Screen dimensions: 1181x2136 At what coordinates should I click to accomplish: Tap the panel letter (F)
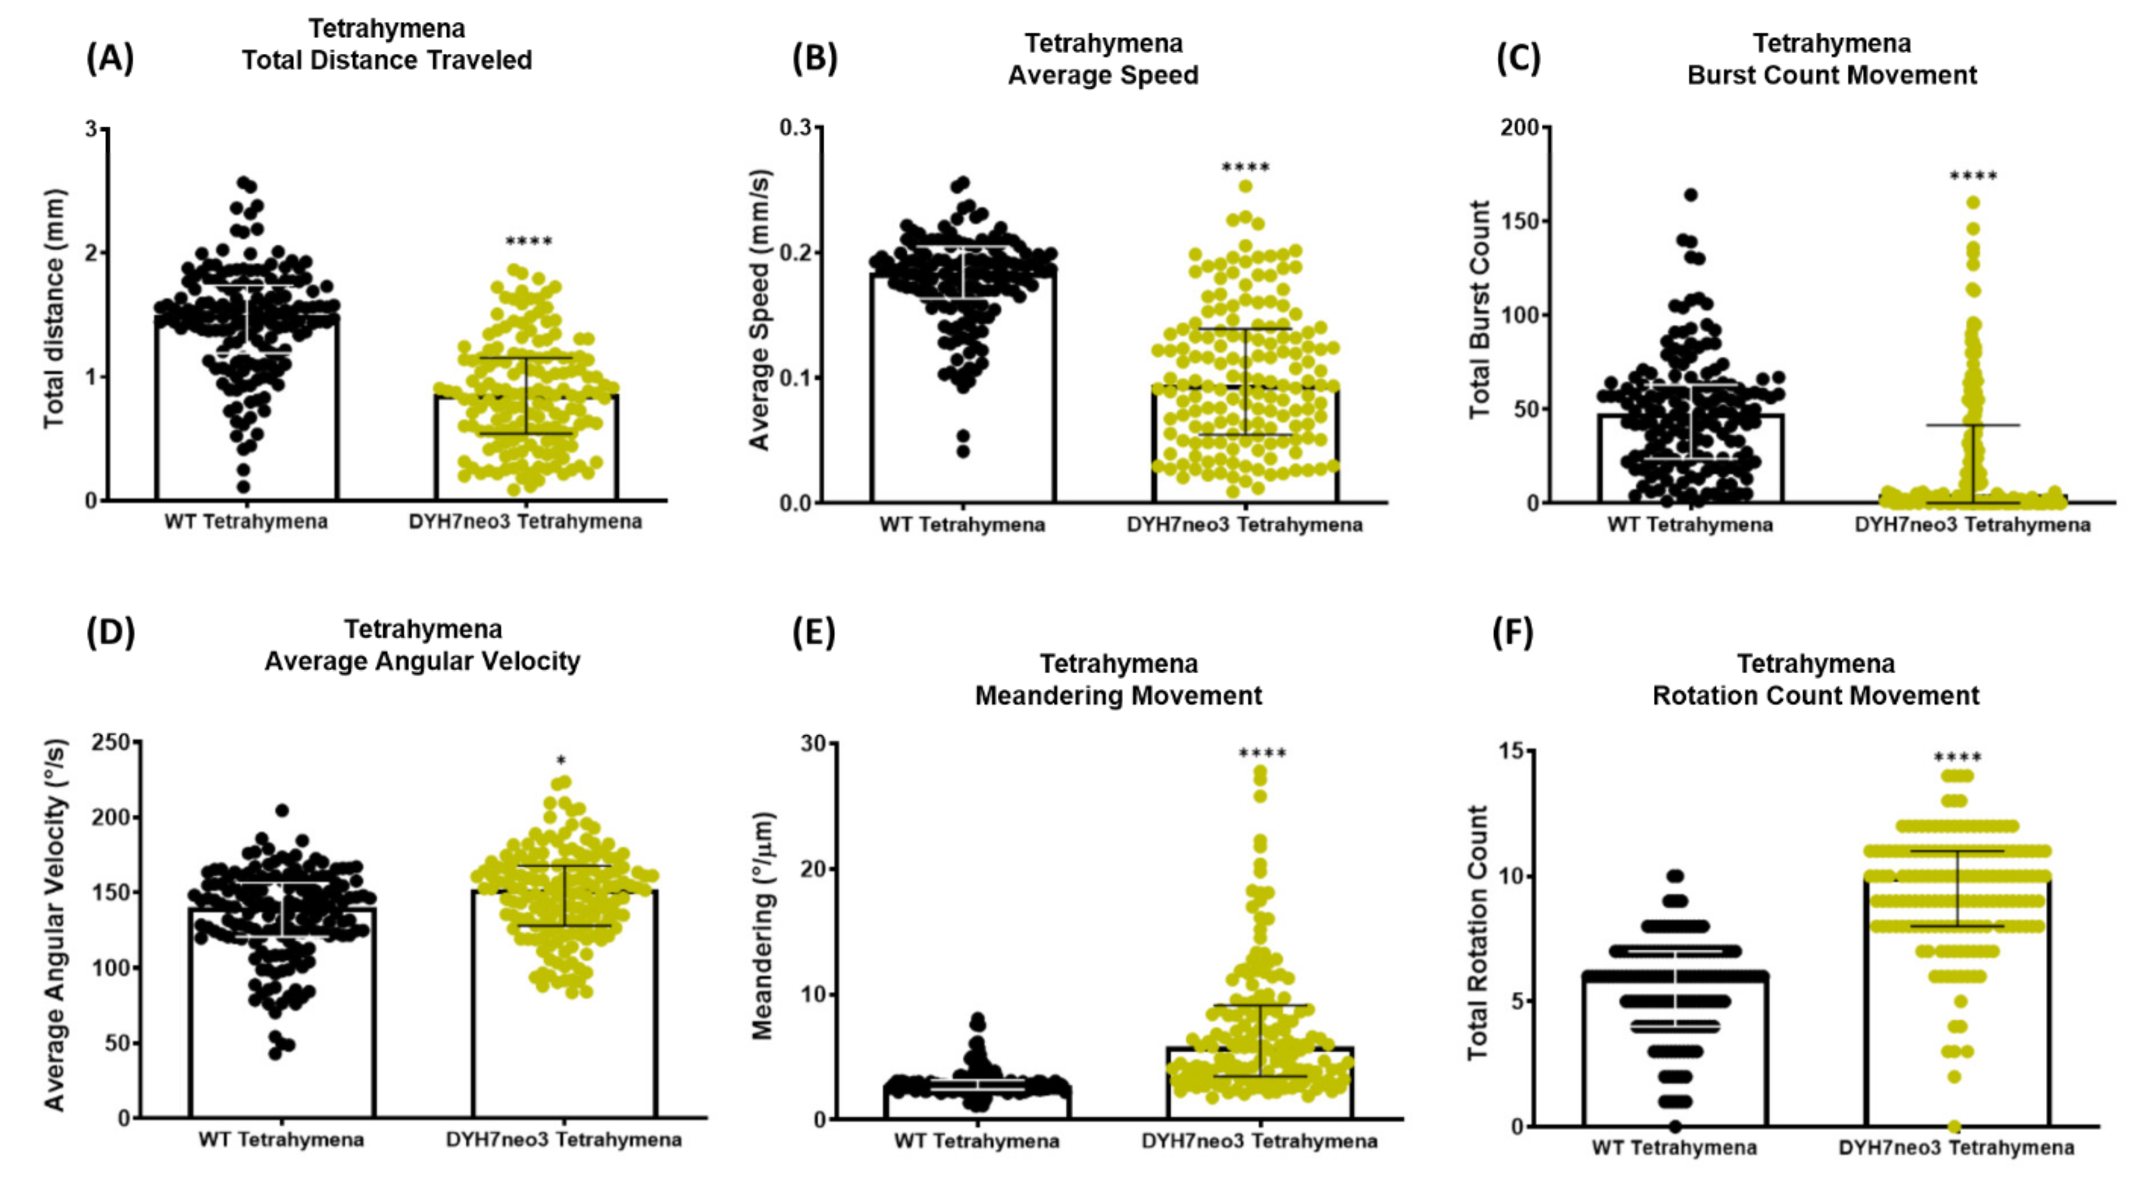point(1513,634)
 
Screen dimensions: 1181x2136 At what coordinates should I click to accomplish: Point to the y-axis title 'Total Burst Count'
point(1479,310)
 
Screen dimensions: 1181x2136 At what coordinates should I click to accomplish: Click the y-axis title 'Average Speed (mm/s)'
point(759,310)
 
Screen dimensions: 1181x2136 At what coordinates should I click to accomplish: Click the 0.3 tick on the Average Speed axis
point(796,128)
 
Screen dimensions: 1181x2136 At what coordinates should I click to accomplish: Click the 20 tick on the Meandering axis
point(816,869)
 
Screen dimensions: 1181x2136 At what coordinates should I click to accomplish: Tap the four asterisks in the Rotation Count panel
point(1958,758)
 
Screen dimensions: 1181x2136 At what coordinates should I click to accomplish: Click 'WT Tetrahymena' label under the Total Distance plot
point(246,522)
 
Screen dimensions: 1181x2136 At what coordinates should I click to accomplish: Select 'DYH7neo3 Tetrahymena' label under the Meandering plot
point(1259,1141)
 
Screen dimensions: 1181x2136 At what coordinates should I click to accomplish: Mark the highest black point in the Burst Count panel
point(1691,195)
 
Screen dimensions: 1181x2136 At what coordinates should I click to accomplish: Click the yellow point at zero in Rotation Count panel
point(1954,1126)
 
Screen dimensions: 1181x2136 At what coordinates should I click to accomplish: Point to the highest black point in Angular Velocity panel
point(282,810)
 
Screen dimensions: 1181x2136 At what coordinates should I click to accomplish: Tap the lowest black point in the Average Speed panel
point(963,451)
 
